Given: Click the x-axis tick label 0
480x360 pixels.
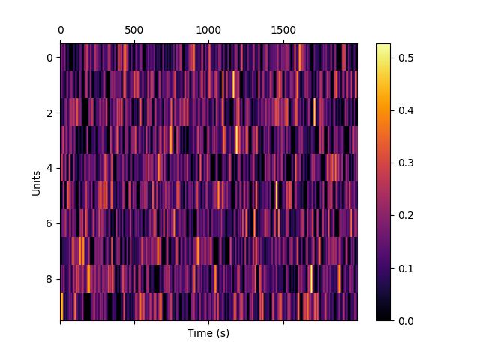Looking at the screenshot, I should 61,30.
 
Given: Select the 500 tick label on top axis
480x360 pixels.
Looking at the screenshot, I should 134,30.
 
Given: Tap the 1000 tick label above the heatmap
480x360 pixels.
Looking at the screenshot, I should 208,30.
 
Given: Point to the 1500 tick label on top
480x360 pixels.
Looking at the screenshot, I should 283,30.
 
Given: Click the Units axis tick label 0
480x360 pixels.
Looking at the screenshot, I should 50,58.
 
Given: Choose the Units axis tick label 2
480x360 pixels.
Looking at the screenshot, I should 50,113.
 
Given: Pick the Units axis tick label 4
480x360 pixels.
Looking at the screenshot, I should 50,169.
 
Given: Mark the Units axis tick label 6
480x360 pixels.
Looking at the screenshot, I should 50,223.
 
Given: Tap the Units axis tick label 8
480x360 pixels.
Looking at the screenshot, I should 50,279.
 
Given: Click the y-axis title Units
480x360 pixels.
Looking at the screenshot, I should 36,182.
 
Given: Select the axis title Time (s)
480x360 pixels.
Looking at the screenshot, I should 208,333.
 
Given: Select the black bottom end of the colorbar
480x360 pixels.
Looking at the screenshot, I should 383,318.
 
